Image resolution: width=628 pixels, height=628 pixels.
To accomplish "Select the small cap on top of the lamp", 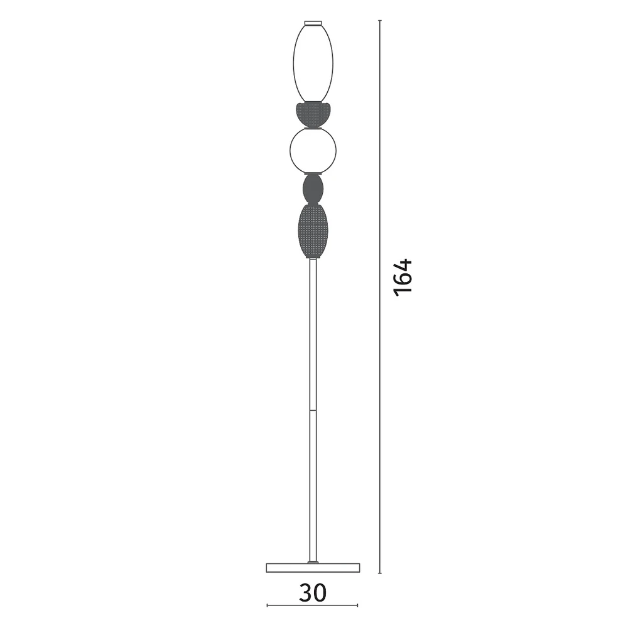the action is coord(313,23).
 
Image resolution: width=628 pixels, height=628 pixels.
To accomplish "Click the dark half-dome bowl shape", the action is coord(313,114).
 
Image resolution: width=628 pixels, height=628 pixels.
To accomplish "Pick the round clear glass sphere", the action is coord(313,151).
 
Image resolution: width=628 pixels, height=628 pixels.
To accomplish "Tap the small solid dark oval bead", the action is coord(313,189).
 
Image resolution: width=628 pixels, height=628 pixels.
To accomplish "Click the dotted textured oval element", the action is coord(313,230).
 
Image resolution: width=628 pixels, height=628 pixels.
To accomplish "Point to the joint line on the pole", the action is coord(313,410).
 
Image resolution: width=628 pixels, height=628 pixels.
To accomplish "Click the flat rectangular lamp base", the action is coord(313,568).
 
